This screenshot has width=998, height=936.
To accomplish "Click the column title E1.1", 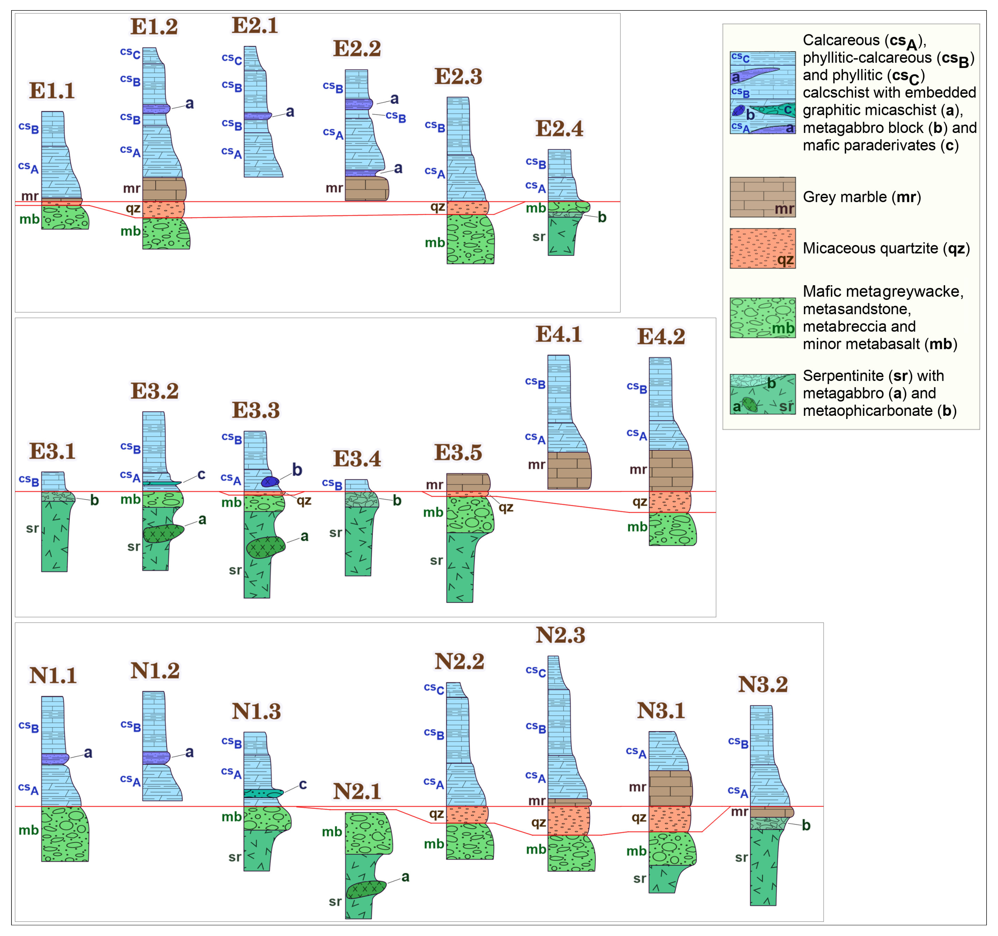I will [52, 91].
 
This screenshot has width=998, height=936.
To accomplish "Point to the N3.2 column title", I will [762, 685].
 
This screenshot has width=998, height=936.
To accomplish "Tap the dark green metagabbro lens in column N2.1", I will [365, 889].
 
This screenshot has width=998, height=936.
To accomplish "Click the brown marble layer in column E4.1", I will [569, 470].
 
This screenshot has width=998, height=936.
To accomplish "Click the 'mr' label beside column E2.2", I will [334, 188].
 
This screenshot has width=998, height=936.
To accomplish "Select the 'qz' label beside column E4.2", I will [639, 501].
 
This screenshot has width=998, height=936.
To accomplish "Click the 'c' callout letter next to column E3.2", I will [201, 474].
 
